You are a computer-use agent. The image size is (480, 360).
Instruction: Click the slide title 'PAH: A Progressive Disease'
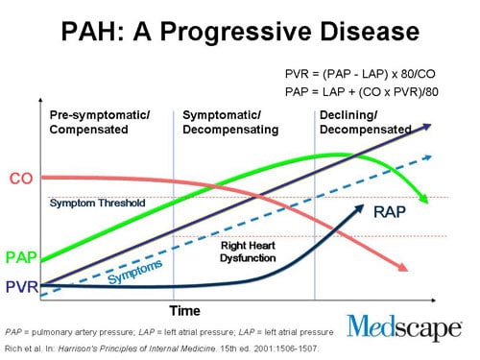point(239,31)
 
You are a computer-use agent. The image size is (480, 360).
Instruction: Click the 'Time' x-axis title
point(184,310)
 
